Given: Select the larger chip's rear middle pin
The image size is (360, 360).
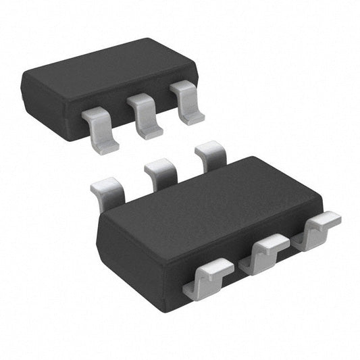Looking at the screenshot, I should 160,172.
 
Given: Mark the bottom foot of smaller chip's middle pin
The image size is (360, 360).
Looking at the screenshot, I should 149,132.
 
